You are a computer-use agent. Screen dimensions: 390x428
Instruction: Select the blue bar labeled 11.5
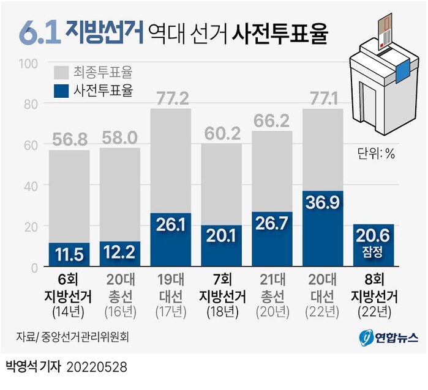click(69, 255)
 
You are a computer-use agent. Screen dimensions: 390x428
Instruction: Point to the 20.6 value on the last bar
click(374, 235)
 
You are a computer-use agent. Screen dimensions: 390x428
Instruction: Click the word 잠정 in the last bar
click(374, 251)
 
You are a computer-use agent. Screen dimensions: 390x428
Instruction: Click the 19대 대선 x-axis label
click(170, 290)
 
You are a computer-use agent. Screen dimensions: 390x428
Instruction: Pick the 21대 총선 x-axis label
click(272, 290)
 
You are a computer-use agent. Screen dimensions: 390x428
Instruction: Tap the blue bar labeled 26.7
click(272, 240)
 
